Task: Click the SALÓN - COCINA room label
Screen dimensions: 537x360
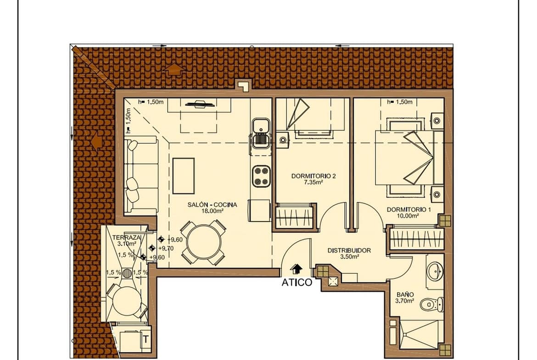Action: pos(212,205)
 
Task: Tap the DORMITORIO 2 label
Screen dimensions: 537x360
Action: pos(313,176)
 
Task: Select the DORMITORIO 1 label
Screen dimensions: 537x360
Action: pos(408,210)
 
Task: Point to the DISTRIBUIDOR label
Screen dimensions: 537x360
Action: pos(349,250)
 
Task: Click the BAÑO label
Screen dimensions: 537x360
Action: pos(405,294)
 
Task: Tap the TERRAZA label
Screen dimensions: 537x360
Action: pos(126,238)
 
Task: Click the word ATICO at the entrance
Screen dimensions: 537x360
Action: pos(297,282)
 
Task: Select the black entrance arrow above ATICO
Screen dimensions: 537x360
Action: pos(296,269)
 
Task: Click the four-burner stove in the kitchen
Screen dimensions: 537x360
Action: pos(262,176)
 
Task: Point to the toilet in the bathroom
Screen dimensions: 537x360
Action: pos(432,304)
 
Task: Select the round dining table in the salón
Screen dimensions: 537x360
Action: pos(203,242)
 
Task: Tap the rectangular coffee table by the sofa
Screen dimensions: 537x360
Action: pos(184,176)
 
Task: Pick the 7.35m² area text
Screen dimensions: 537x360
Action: pos(313,183)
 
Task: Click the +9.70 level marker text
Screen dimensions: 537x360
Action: pos(166,248)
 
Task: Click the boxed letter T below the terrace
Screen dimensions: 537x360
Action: pos(146,339)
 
